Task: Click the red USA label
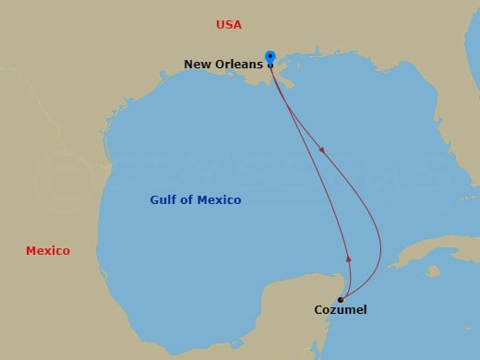tap(228, 25)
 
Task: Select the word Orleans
tap(240, 64)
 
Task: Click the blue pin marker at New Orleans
tap(270, 57)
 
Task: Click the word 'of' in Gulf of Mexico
tap(191, 200)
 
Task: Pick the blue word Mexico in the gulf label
tap(222, 200)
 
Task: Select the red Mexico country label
tap(47, 250)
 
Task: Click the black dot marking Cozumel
tap(341, 299)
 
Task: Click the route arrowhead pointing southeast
tap(322, 149)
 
